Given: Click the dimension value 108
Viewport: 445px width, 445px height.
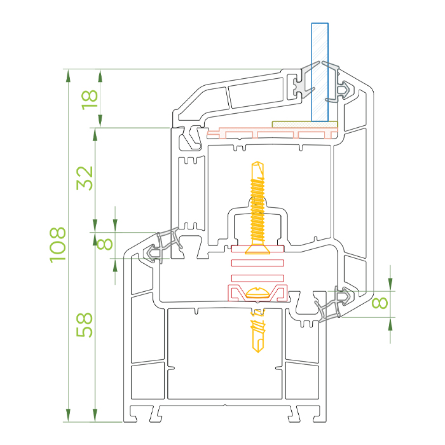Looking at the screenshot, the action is click(x=58, y=245).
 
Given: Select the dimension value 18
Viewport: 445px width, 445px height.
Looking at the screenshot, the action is click(x=90, y=100).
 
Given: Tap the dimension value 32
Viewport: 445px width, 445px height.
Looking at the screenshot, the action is click(x=85, y=178).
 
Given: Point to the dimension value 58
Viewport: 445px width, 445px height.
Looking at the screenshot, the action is click(x=85, y=325).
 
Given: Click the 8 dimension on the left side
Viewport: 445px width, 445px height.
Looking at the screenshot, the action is click(x=105, y=243).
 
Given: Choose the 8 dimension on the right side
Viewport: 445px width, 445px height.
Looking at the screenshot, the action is click(x=380, y=303).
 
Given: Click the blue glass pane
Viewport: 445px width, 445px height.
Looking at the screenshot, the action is click(x=320, y=72).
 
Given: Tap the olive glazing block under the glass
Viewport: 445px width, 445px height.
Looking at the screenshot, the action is click(x=305, y=125).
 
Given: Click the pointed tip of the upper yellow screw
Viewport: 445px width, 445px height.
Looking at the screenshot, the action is click(x=257, y=162).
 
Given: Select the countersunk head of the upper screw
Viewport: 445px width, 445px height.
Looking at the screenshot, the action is click(x=257, y=250).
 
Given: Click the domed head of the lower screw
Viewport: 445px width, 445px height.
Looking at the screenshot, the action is click(x=257, y=293).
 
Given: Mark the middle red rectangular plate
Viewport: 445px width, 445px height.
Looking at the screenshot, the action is click(x=257, y=263).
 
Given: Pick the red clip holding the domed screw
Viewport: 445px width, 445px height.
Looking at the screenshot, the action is click(x=257, y=293).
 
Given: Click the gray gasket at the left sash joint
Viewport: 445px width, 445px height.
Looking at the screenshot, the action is click(x=163, y=245).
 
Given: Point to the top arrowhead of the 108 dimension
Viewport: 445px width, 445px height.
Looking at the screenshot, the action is click(x=68, y=76).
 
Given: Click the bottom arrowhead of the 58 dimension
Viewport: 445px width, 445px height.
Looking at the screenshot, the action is click(x=95, y=415).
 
